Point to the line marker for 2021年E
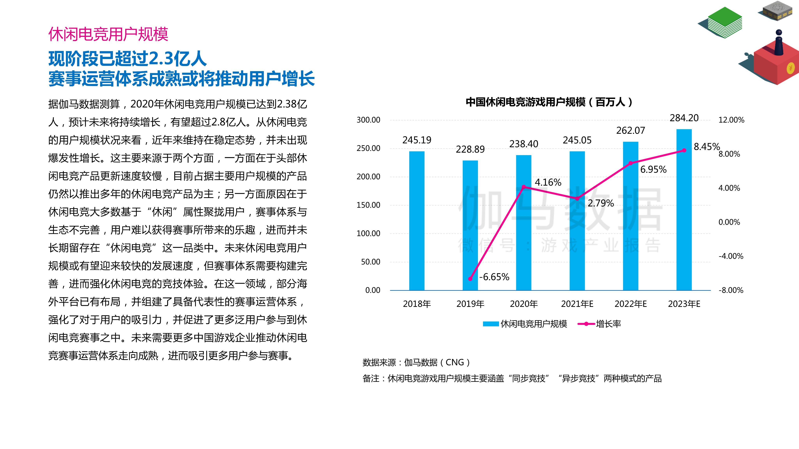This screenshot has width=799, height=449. tap(577, 199)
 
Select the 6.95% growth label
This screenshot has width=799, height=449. tap(653, 170)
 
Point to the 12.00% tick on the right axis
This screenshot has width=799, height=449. tap(731, 120)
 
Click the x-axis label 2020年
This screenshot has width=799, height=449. tap(524, 304)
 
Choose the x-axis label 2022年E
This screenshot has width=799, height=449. tap(631, 304)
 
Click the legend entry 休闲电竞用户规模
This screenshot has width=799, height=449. tap(534, 324)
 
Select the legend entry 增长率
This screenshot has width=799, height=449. tap(608, 324)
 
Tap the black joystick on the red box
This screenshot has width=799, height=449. tap(779, 43)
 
